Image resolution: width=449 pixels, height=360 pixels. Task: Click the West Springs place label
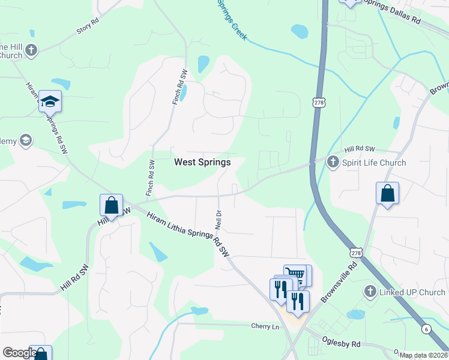[202, 162]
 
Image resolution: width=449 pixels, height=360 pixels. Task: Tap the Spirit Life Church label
[373, 162]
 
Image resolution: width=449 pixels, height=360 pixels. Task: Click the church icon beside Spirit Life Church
[333, 161]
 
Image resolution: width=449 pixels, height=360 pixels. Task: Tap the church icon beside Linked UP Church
[370, 292]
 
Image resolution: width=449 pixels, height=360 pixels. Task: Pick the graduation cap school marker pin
[50, 101]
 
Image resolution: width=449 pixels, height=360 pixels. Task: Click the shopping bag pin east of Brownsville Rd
[388, 194]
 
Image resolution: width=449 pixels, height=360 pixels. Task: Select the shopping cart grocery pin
[294, 275]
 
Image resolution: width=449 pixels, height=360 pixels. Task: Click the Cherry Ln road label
[265, 326]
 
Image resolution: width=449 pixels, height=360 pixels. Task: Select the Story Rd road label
[87, 29]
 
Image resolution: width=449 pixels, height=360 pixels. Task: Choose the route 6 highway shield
[426, 329]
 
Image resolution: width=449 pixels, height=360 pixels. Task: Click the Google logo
[20, 353]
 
